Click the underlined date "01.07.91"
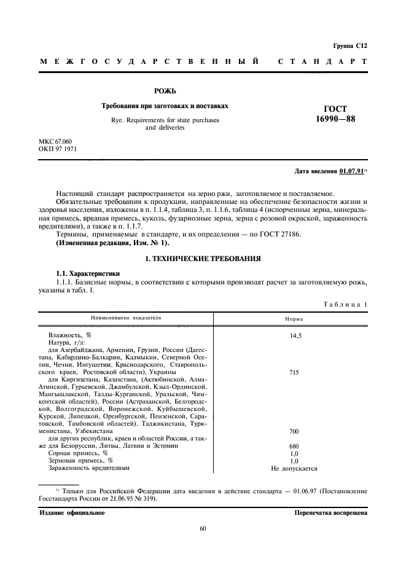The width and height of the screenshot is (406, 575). point(349,170)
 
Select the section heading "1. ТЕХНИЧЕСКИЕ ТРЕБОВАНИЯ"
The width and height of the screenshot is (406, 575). point(202,259)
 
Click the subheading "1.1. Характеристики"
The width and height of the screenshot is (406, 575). point(88,272)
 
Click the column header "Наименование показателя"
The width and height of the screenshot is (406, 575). point(126,319)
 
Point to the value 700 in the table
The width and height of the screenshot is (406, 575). point(294,431)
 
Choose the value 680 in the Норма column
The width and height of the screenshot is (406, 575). point(294,446)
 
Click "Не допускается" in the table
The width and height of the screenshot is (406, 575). point(294,468)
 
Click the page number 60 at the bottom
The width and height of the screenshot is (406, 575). point(203,528)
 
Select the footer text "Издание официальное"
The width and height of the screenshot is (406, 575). point(72,512)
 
